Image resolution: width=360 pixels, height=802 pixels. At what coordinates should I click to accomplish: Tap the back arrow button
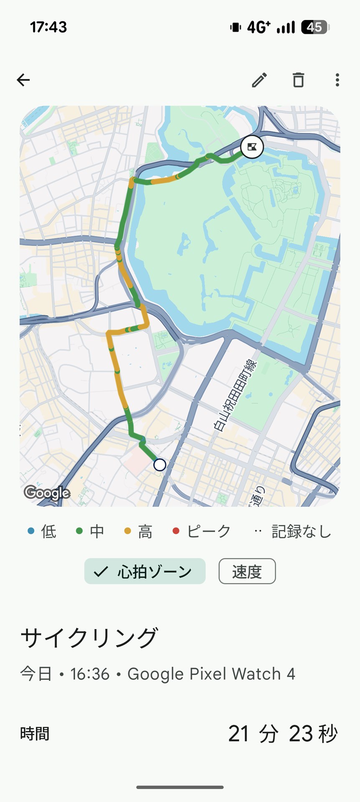pyautogui.click(x=23, y=80)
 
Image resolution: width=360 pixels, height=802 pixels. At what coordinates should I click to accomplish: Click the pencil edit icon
pyautogui.click(x=259, y=80)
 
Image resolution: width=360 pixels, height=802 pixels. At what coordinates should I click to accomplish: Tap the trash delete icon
pyautogui.click(x=298, y=80)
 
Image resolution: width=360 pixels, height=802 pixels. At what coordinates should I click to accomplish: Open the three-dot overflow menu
pyautogui.click(x=337, y=80)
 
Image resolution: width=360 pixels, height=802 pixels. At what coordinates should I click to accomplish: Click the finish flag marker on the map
pyautogui.click(x=252, y=147)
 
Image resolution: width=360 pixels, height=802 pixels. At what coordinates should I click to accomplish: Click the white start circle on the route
pyautogui.click(x=160, y=464)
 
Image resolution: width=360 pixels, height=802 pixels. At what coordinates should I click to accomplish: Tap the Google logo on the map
pyautogui.click(x=47, y=493)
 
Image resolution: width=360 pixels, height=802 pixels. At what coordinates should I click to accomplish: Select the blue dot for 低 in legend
pyautogui.click(x=31, y=531)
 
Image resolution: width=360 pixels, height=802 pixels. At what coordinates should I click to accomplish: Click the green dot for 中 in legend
pyautogui.click(x=79, y=531)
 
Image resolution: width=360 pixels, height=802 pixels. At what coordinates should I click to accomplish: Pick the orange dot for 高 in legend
pyautogui.click(x=128, y=531)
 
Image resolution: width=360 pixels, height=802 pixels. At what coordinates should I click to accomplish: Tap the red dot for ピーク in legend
pyautogui.click(x=176, y=531)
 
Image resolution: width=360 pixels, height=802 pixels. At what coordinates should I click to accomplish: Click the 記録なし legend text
pyautogui.click(x=301, y=531)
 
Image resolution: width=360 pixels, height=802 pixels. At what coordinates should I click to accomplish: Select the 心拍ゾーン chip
pyautogui.click(x=145, y=571)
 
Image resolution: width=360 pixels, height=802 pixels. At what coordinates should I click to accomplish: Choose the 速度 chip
pyautogui.click(x=247, y=571)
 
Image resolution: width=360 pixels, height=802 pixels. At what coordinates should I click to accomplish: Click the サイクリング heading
pyautogui.click(x=89, y=638)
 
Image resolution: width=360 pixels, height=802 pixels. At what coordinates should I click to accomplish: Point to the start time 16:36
pyautogui.click(x=90, y=674)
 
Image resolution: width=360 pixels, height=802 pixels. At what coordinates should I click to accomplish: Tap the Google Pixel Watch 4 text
pyautogui.click(x=211, y=674)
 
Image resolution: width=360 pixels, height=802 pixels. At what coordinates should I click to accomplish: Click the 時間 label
pyautogui.click(x=35, y=733)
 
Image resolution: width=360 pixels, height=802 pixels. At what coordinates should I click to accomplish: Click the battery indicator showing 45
pyautogui.click(x=314, y=27)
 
